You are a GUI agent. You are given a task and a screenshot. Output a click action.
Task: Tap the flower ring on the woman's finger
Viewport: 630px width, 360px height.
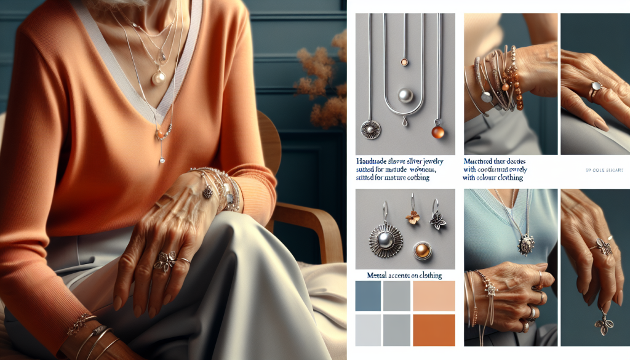click(x=165, y=261)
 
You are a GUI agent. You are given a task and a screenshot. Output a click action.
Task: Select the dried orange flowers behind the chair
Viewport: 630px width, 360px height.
click(x=322, y=80)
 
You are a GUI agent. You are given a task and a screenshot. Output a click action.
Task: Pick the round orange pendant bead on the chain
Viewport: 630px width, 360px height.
click(x=439, y=131)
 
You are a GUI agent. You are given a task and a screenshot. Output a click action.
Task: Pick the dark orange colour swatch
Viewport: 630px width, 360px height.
click(x=434, y=329)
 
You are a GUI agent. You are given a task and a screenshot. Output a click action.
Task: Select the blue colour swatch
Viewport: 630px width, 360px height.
click(x=367, y=296)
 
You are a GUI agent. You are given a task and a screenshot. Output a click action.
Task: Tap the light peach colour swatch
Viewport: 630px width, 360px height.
click(x=434, y=296)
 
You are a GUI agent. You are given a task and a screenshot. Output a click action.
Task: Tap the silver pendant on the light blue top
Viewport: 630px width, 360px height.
click(x=525, y=246)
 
